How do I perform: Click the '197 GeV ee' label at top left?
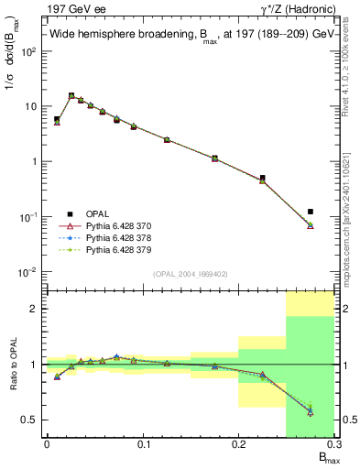click(x=72, y=10)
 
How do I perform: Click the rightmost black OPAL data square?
click(x=311, y=212)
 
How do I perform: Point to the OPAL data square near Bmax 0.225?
click(x=263, y=178)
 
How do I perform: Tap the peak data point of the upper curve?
click(x=71, y=95)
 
